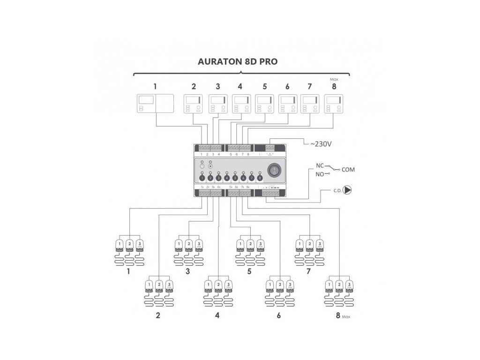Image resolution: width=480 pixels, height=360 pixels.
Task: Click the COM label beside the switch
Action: pyautogui.click(x=349, y=169)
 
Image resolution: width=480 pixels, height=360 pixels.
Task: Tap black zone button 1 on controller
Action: pyautogui.click(x=202, y=178)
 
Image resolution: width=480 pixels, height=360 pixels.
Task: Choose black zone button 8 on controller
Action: pyautogui.click(x=260, y=178)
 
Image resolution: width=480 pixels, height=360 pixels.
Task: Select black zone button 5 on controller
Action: pyautogui.click(x=235, y=178)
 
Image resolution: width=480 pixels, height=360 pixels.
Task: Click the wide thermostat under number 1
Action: pyautogui.click(x=155, y=103)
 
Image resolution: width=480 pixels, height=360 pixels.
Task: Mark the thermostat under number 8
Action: pyautogui.click(x=333, y=104)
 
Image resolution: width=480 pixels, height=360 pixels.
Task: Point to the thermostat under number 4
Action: pyautogui.click(x=241, y=104)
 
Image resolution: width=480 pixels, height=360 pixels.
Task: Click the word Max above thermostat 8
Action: pyautogui.click(x=334, y=80)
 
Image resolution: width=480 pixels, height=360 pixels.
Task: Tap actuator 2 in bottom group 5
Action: pyautogui.click(x=250, y=245)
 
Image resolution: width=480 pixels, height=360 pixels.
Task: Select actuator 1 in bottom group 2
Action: pyautogui.click(x=149, y=285)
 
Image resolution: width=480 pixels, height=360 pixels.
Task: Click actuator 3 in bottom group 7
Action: pyautogui.click(x=320, y=245)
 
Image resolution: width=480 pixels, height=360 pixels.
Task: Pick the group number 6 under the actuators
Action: pyautogui.click(x=279, y=315)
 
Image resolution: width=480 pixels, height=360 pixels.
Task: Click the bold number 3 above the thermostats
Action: pyautogui.click(x=217, y=86)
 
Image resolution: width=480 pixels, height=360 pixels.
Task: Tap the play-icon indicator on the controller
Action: pyautogui.click(x=210, y=166)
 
